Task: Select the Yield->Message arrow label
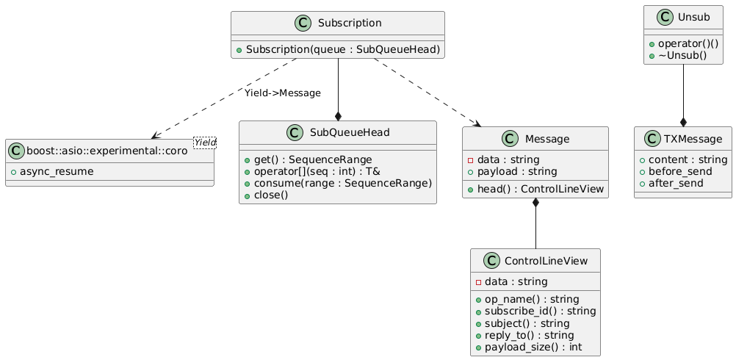point(283,93)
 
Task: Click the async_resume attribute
point(57,171)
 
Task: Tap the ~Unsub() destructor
point(682,56)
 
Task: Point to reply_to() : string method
point(529,335)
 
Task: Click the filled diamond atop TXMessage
point(683,123)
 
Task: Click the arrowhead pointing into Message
point(478,124)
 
